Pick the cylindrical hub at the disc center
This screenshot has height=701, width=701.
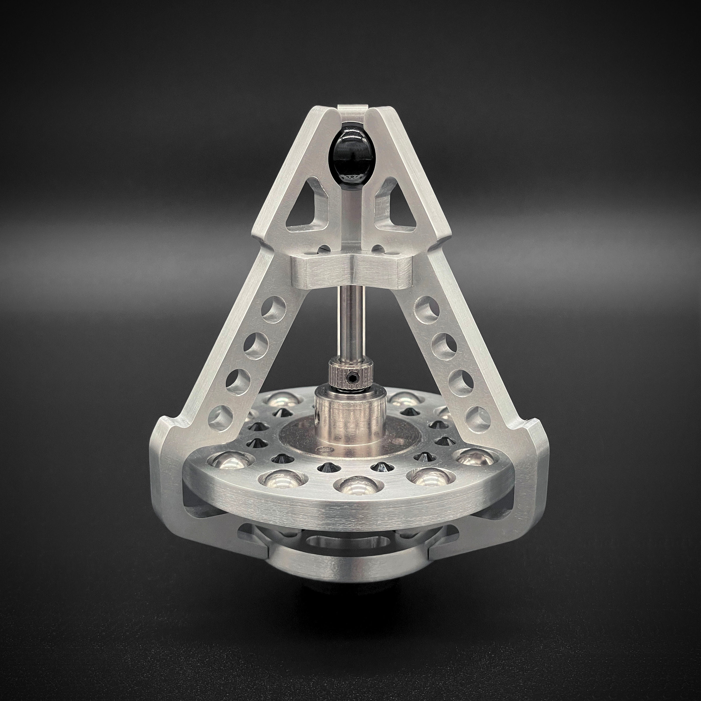pyautogui.click(x=345, y=421)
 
